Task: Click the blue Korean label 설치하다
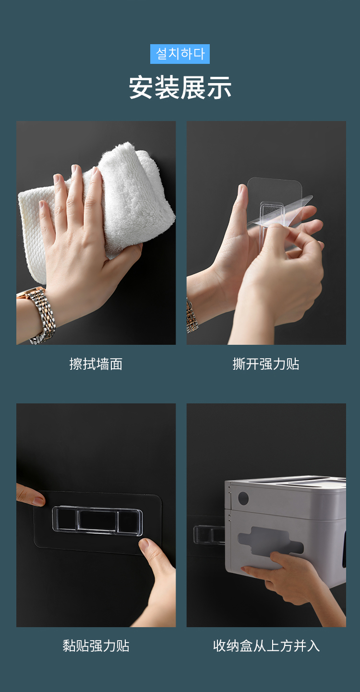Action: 180,54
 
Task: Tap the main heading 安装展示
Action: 180,88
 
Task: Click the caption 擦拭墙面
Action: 96,364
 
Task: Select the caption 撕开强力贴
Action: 266,364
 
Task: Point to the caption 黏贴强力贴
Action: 96,646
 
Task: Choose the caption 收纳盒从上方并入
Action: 266,646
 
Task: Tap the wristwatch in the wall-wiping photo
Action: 38,315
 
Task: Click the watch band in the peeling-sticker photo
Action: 192,316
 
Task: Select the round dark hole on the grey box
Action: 243,498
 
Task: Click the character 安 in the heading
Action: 141,88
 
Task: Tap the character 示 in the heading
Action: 219,88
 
